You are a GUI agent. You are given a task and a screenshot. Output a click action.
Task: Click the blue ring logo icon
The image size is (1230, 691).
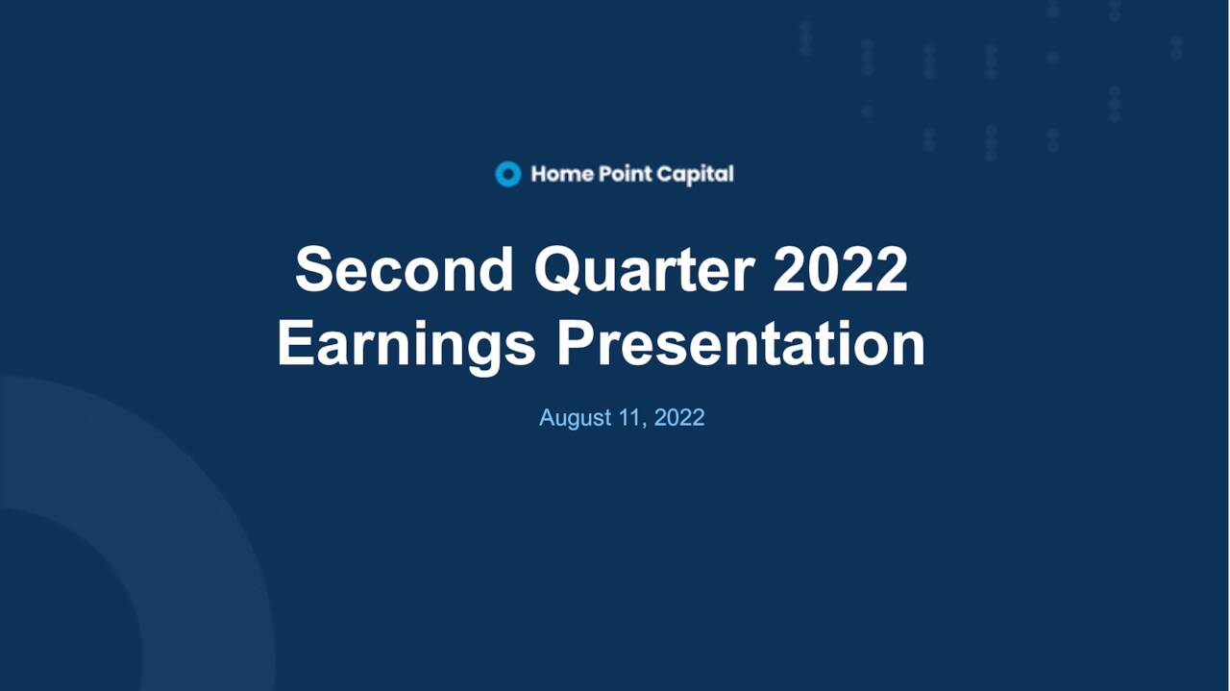(x=507, y=174)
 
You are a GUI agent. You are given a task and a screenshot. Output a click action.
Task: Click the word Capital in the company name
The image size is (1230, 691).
(x=695, y=174)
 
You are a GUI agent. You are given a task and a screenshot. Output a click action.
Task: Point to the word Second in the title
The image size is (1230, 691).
(x=405, y=269)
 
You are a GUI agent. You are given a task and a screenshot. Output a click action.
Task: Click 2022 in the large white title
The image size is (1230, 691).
(x=840, y=269)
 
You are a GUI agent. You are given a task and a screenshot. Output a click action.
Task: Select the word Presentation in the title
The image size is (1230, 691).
(x=741, y=344)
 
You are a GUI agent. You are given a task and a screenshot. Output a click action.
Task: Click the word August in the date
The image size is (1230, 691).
(x=575, y=418)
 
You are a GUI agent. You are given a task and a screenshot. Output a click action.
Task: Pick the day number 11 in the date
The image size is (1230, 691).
(x=633, y=418)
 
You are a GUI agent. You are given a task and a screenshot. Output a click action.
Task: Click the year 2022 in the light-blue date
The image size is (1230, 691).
(x=679, y=418)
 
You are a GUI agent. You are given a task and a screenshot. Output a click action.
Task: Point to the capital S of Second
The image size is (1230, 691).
(x=315, y=269)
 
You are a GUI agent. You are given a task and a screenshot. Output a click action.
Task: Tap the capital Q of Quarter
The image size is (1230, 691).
(x=557, y=270)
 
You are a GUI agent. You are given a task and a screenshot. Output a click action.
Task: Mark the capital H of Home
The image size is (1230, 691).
(x=539, y=174)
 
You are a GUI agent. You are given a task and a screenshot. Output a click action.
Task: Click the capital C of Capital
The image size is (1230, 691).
(x=665, y=174)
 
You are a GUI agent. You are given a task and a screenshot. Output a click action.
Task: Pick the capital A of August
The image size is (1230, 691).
(x=548, y=418)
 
